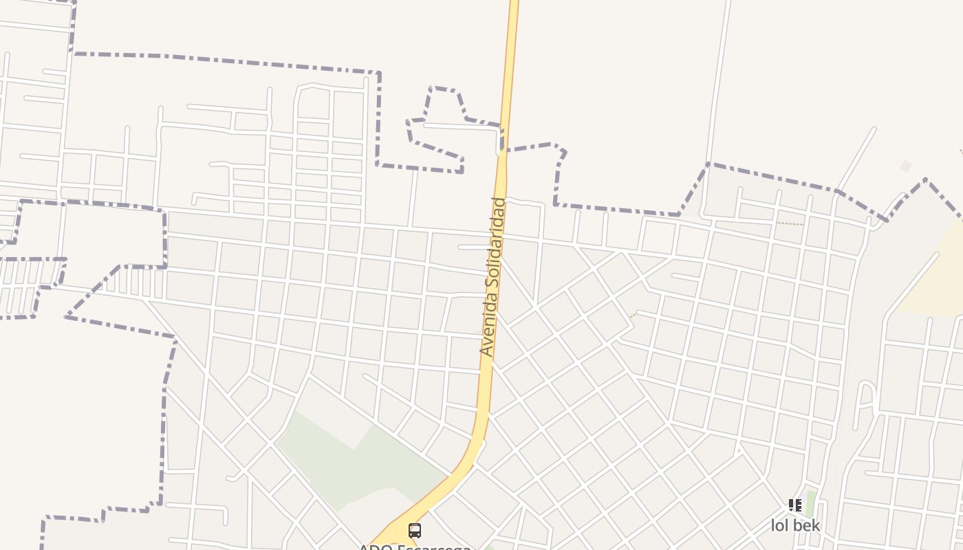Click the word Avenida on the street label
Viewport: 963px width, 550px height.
488,327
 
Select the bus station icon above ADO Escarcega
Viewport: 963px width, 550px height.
414,530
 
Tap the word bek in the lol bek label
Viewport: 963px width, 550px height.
806,526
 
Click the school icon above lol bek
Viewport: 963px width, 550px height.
795,506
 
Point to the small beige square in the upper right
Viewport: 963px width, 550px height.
906,166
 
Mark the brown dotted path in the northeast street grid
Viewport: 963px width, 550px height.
790,223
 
